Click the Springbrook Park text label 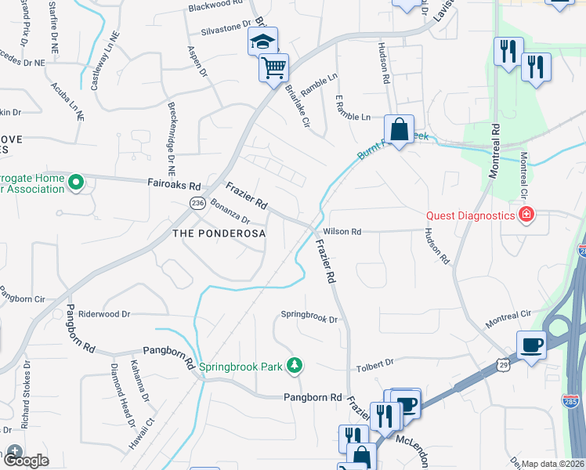pyautogui.click(x=241, y=366)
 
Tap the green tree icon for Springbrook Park pyautogui.click(x=295, y=365)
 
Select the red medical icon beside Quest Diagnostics pyautogui.click(x=527, y=215)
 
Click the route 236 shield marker pyautogui.click(x=197, y=203)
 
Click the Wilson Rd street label pyautogui.click(x=342, y=232)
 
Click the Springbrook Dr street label pyautogui.click(x=309, y=320)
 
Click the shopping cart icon pyautogui.click(x=273, y=68)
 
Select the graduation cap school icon pyautogui.click(x=262, y=42)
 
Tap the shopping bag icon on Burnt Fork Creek pyautogui.click(x=399, y=129)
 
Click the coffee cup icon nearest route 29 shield pyautogui.click(x=532, y=345)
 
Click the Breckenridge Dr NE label pyautogui.click(x=172, y=138)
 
